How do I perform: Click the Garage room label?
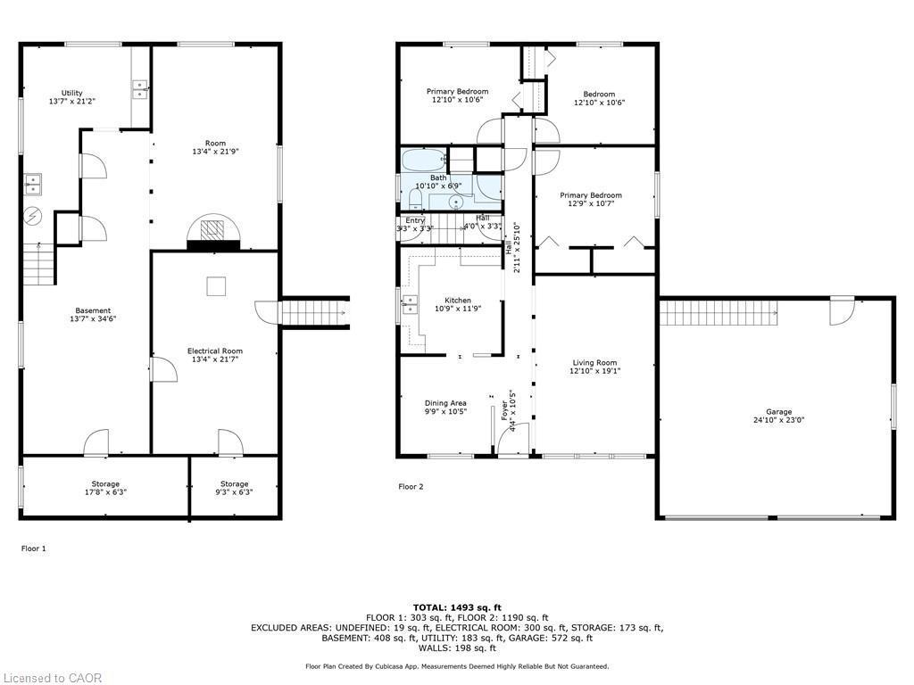(778, 416)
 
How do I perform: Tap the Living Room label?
(594, 367)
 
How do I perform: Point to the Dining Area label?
(445, 408)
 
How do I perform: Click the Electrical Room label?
(214, 355)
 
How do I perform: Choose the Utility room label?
(72, 97)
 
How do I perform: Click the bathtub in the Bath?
(423, 161)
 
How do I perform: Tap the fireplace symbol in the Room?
(213, 230)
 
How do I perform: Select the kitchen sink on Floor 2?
(409, 305)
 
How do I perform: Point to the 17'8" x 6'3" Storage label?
(104, 488)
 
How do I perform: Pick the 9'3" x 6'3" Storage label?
(235, 488)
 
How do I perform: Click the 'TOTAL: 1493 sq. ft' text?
(456, 607)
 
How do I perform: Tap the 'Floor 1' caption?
(33, 549)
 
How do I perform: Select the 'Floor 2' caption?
(411, 486)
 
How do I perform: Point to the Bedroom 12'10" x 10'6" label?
(599, 98)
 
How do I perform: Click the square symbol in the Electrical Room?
(215, 286)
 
